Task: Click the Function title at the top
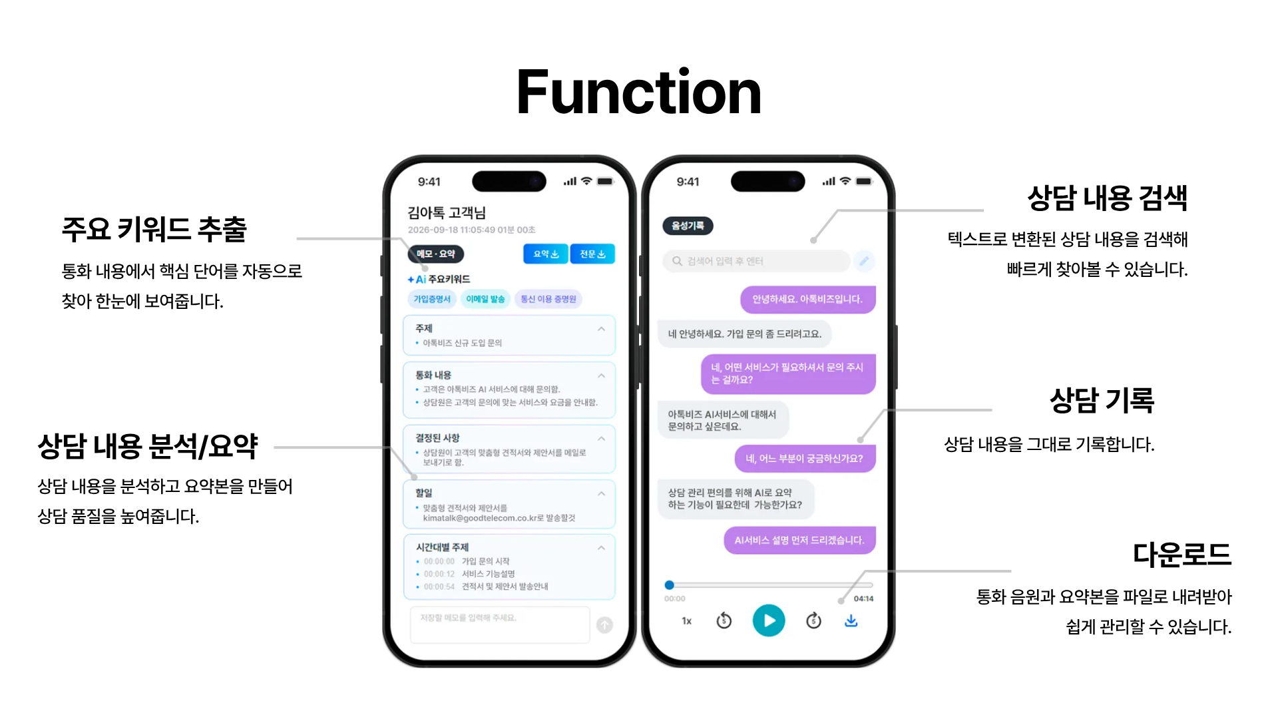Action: (638, 93)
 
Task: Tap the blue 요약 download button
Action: (546, 254)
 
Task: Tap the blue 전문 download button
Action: (592, 254)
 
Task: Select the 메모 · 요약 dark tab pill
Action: (436, 254)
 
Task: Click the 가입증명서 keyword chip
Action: (432, 300)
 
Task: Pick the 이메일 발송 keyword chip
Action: (485, 300)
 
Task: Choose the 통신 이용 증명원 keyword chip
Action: (548, 300)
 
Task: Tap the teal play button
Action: (769, 620)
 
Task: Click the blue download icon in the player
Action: (851, 620)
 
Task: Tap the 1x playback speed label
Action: (687, 621)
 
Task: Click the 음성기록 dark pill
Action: (688, 226)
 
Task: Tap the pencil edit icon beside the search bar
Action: (864, 261)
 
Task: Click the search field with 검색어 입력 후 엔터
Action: (756, 261)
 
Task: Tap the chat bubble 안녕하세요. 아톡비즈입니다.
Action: (807, 300)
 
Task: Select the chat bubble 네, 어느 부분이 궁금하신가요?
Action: (804, 459)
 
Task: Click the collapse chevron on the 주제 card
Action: (601, 329)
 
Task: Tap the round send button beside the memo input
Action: (604, 624)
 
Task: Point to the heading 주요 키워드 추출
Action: (154, 230)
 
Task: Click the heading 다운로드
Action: (1182, 555)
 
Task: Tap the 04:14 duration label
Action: (863, 599)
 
